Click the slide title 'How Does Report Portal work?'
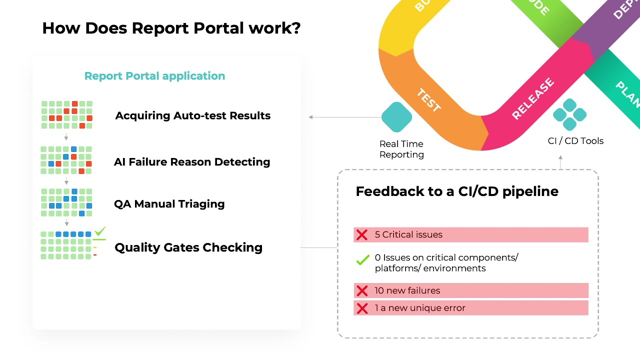171,28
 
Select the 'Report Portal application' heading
154,76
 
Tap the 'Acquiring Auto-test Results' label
192,115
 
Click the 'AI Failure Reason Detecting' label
192,162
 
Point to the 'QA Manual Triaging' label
169,204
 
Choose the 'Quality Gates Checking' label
188,247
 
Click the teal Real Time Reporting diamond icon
396,117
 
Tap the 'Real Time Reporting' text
401,149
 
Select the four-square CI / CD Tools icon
569,115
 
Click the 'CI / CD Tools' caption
575,141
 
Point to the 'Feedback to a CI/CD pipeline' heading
457,191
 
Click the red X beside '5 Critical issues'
361,235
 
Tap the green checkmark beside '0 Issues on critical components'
362,260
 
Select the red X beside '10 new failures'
361,290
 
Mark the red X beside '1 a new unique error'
361,308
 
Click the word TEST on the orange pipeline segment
428,100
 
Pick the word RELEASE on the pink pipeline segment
533,98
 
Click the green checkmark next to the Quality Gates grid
100,231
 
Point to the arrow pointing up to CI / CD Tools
560,161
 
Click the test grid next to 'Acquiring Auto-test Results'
66,115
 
